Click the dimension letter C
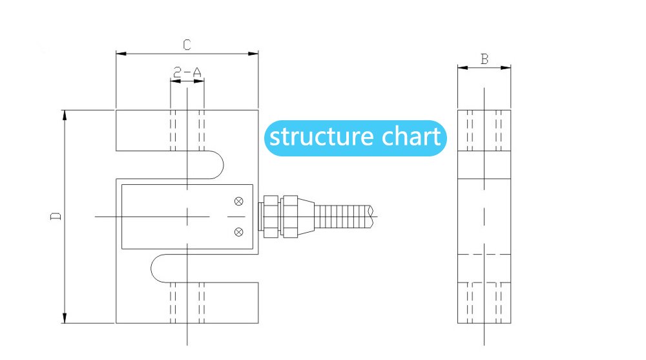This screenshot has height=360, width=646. (186, 45)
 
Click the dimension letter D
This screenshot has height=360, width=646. (56, 216)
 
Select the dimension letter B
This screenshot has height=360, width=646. (484, 58)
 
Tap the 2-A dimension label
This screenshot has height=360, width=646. (187, 72)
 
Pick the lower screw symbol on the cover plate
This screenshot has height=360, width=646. (238, 231)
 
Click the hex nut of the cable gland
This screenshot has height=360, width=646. (289, 216)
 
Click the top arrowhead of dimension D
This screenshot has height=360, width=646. (65, 114)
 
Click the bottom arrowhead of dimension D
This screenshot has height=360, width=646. (65, 319)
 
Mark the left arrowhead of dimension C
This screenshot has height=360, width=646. (120, 54)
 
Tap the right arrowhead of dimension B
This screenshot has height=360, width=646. (507, 67)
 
